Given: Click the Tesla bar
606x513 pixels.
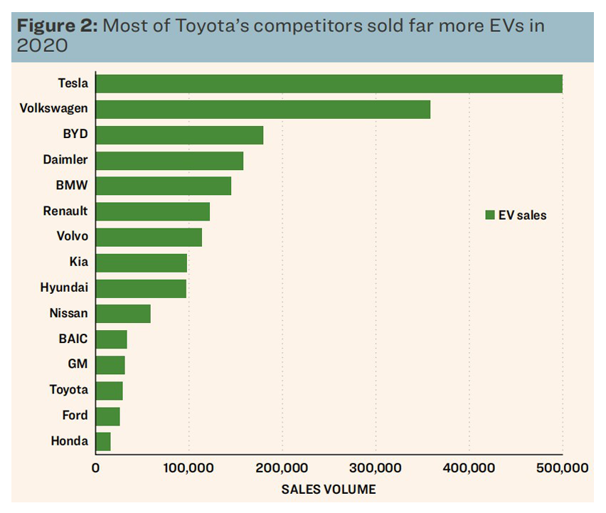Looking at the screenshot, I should click(x=329, y=83).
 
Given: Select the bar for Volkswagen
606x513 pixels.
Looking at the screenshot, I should click(x=263, y=109).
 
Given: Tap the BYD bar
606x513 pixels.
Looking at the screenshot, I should click(x=179, y=134).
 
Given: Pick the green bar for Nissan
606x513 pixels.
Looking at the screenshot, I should click(x=123, y=313).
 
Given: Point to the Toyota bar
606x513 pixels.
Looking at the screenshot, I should click(x=109, y=390).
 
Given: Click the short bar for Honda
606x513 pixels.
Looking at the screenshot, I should click(x=103, y=441).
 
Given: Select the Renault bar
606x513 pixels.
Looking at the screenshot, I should click(x=153, y=211).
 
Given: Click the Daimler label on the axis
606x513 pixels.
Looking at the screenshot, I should click(x=65, y=160).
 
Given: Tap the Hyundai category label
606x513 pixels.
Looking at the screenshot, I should click(x=65, y=287).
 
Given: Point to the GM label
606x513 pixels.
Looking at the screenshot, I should click(x=78, y=364).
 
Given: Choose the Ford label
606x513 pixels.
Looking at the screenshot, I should click(x=75, y=416).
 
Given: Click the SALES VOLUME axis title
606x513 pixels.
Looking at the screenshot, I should click(x=329, y=490).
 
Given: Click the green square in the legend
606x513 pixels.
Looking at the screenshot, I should click(x=489, y=215).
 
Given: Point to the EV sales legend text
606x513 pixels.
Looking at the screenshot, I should click(x=523, y=215).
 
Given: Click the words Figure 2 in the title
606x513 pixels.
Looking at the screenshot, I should click(x=57, y=26).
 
